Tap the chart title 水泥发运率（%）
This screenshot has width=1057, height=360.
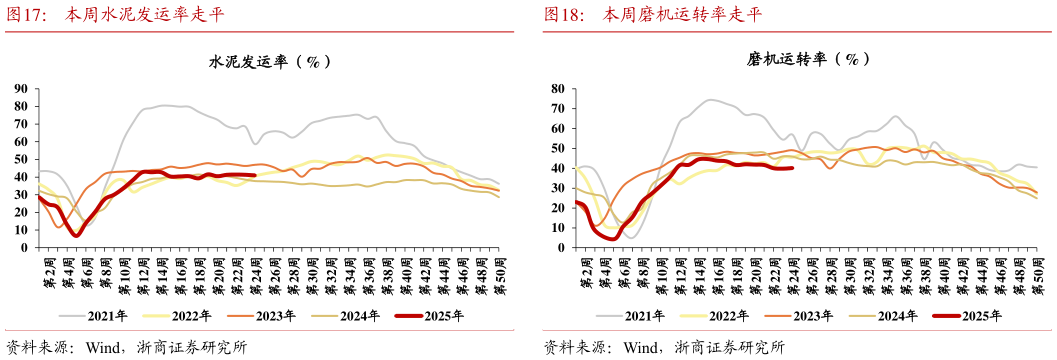point(269,61)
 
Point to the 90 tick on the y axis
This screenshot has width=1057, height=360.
point(20,88)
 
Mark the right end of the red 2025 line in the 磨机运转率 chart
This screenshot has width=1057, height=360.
point(792,168)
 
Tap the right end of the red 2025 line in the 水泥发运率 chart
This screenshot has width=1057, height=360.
point(255,175)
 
